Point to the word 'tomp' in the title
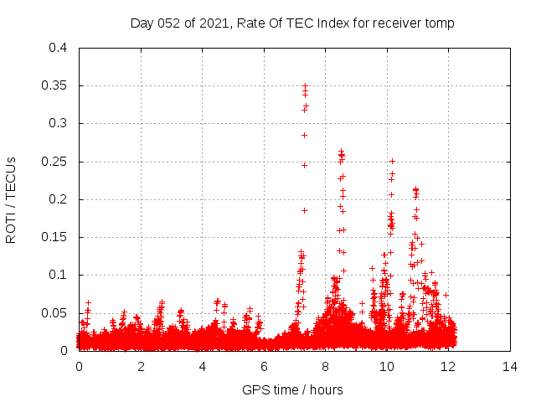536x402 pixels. (441, 23)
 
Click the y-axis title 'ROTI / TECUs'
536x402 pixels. (11, 199)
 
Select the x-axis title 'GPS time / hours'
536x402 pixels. (292, 389)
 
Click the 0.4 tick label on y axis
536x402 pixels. (58, 48)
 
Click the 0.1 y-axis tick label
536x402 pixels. (58, 275)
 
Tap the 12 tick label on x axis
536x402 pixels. (448, 367)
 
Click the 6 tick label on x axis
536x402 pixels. (264, 367)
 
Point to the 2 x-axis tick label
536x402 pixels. (141, 367)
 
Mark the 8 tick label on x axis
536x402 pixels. (325, 367)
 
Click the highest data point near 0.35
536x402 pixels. (306, 85)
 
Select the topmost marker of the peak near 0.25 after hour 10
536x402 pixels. (392, 161)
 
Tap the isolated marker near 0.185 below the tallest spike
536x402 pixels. (305, 210)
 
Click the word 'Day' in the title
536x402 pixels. (142, 23)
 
